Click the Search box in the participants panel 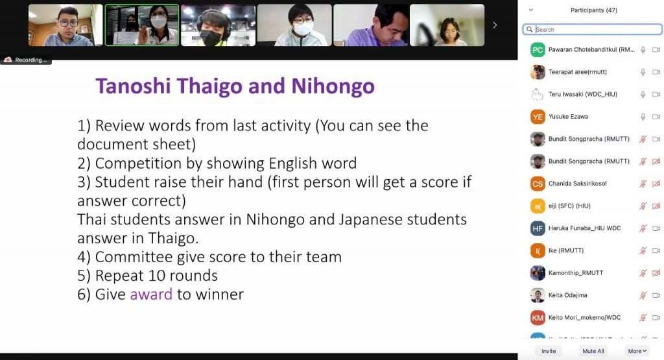[592, 29]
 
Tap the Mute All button [593, 351]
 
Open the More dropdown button [637, 351]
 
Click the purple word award [151, 294]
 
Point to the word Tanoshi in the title [133, 86]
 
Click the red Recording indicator [26, 60]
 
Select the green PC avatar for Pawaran [538, 50]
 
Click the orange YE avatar [538, 117]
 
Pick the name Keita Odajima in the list [567, 295]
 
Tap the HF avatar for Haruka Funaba [538, 228]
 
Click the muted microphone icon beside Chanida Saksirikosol [643, 184]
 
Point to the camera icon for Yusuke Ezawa [656, 117]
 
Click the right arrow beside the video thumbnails [495, 25]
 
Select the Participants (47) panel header [594, 10]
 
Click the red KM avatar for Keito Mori [538, 318]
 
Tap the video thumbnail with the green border [142, 25]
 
